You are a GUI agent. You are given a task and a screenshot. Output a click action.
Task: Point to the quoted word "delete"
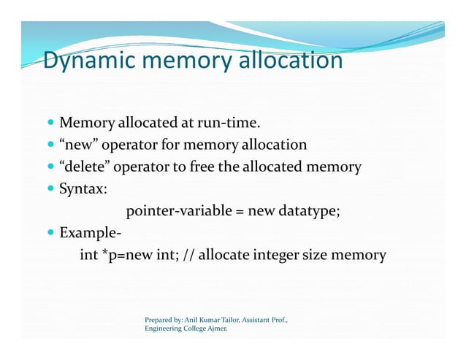pyautogui.click(x=85, y=167)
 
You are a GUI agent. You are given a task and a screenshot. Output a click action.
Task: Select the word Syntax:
pyautogui.click(x=84, y=189)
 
